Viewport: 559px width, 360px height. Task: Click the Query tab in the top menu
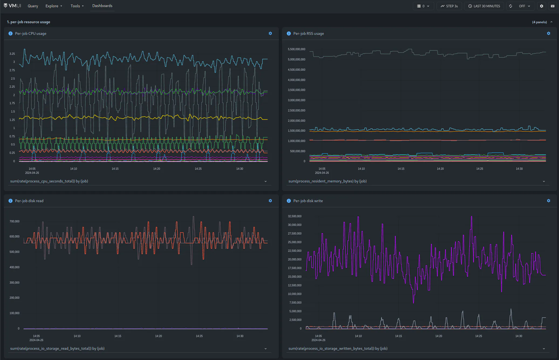click(33, 6)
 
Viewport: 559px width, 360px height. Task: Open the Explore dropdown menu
click(54, 6)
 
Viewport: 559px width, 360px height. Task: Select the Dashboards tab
click(102, 6)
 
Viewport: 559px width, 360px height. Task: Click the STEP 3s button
click(449, 6)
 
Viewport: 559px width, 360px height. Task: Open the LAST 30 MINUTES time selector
click(484, 6)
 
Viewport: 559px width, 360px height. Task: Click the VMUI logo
click(12, 6)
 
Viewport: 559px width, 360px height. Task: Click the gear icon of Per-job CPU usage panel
click(270, 33)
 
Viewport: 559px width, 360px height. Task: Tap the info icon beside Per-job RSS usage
click(289, 33)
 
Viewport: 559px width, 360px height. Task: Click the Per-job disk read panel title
click(29, 201)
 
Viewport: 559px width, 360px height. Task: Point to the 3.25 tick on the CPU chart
click(12, 54)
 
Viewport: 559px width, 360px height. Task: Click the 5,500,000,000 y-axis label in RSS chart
click(297, 49)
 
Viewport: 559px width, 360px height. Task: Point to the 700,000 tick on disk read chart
click(15, 221)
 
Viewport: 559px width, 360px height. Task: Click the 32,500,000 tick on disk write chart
click(295, 216)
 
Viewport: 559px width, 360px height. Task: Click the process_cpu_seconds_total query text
click(49, 181)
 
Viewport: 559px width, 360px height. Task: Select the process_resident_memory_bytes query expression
click(327, 181)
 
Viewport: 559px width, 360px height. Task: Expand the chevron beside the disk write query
click(544, 349)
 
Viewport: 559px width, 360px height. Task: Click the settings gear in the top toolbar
click(541, 6)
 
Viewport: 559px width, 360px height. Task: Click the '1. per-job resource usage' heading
click(29, 22)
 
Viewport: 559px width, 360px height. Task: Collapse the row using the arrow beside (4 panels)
click(551, 22)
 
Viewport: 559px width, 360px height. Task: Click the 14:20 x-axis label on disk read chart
click(159, 336)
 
